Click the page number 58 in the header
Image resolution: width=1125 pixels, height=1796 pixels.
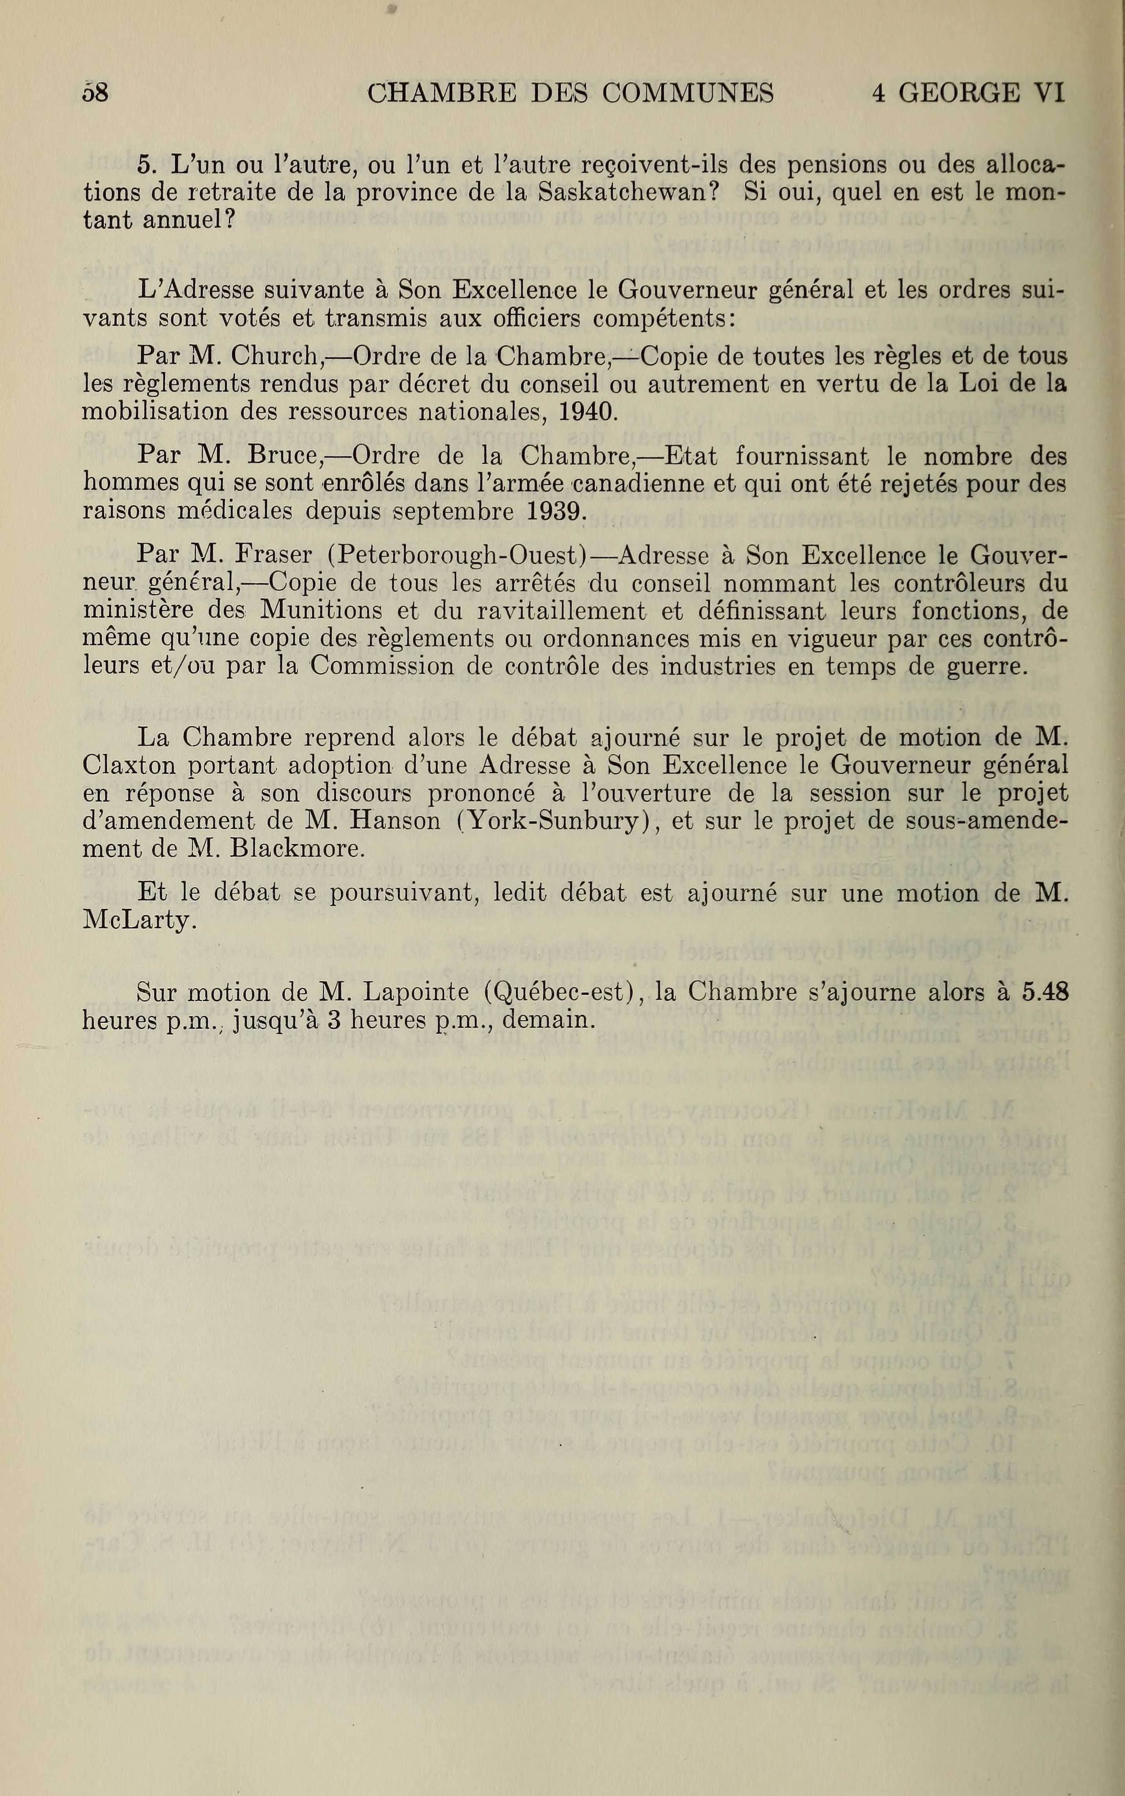pyautogui.click(x=96, y=93)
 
